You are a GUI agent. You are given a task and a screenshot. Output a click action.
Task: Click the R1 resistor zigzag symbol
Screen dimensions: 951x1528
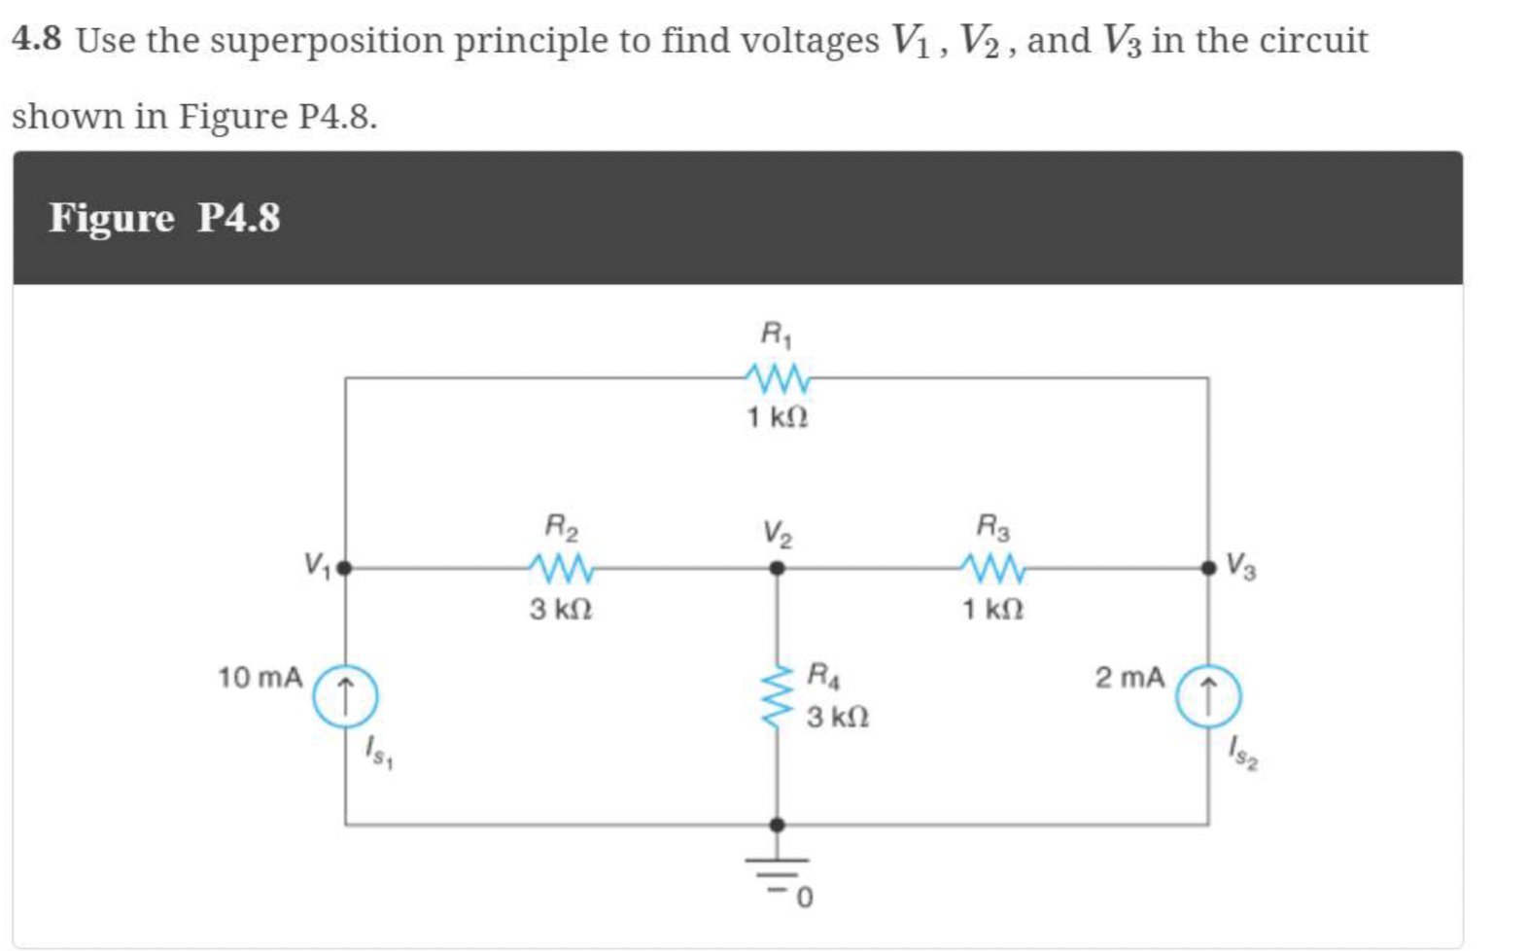click(x=777, y=377)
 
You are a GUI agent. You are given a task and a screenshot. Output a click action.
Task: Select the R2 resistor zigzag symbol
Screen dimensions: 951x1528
click(x=560, y=567)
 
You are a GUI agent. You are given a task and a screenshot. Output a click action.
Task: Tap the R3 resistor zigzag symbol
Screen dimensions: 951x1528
click(x=992, y=567)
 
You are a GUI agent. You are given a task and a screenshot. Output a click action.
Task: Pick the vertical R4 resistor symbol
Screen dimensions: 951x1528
click(x=777, y=696)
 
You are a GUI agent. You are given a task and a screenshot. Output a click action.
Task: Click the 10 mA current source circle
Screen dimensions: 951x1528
click(x=345, y=696)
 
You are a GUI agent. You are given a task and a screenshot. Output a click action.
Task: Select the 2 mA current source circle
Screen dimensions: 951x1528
click(x=1207, y=696)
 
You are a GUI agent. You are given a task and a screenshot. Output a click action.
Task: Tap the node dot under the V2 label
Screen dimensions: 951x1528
click(x=777, y=568)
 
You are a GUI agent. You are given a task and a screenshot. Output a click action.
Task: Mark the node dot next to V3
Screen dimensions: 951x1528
click(x=1208, y=568)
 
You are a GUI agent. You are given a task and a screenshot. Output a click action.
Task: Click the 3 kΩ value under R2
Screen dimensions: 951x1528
click(x=561, y=610)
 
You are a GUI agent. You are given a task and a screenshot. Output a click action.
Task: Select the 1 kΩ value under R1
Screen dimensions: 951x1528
click(x=777, y=417)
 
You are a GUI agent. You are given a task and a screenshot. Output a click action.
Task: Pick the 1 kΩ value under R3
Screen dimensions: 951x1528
click(x=992, y=610)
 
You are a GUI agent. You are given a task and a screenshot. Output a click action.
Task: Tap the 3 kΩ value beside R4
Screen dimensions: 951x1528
click(x=837, y=718)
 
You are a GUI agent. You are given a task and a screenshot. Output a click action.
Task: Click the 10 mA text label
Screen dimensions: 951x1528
click(x=260, y=678)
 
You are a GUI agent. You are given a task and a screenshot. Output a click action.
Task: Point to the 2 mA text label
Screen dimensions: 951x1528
click(x=1129, y=678)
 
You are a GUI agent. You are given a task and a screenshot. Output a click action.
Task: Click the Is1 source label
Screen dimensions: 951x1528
click(x=377, y=752)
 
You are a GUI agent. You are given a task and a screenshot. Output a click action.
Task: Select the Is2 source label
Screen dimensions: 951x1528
click(x=1241, y=753)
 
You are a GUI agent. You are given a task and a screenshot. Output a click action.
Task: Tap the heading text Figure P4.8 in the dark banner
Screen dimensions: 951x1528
click(x=164, y=217)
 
